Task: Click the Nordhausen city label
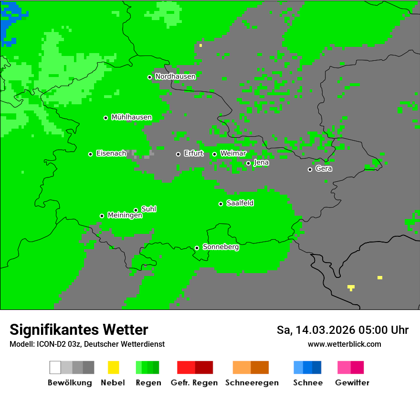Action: (x=175, y=77)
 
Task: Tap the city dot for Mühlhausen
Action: (x=105, y=118)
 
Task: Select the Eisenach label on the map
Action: (x=111, y=154)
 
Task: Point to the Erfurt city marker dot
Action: (x=178, y=154)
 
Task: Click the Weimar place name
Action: (x=233, y=154)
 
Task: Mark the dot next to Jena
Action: (x=248, y=163)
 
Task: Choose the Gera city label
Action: (x=324, y=169)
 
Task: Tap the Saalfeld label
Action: (x=240, y=203)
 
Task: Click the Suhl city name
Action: (x=148, y=209)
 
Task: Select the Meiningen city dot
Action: (x=102, y=216)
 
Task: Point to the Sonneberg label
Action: (x=220, y=247)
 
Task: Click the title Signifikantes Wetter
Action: (x=79, y=330)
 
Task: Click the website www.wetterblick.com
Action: (x=344, y=344)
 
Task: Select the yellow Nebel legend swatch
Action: (x=113, y=367)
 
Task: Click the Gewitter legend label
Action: (x=352, y=383)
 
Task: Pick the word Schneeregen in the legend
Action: (x=251, y=383)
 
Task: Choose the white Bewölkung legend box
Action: (x=55, y=367)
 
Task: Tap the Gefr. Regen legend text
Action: (x=194, y=383)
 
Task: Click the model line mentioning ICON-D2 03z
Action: (x=87, y=344)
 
